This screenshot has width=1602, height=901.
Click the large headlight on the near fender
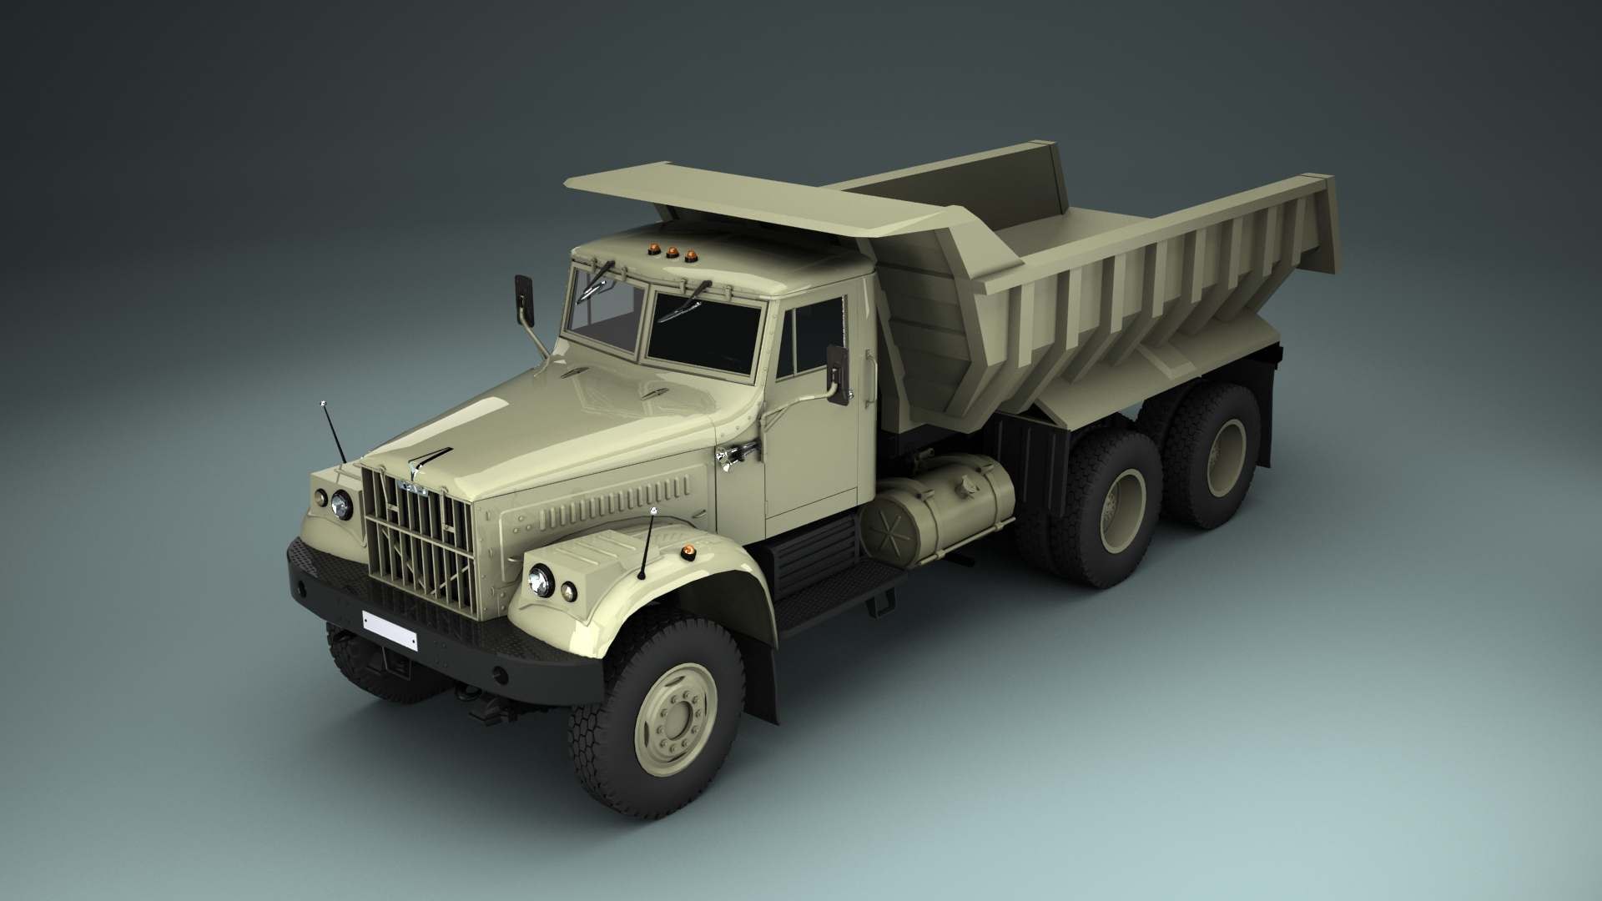541,580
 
